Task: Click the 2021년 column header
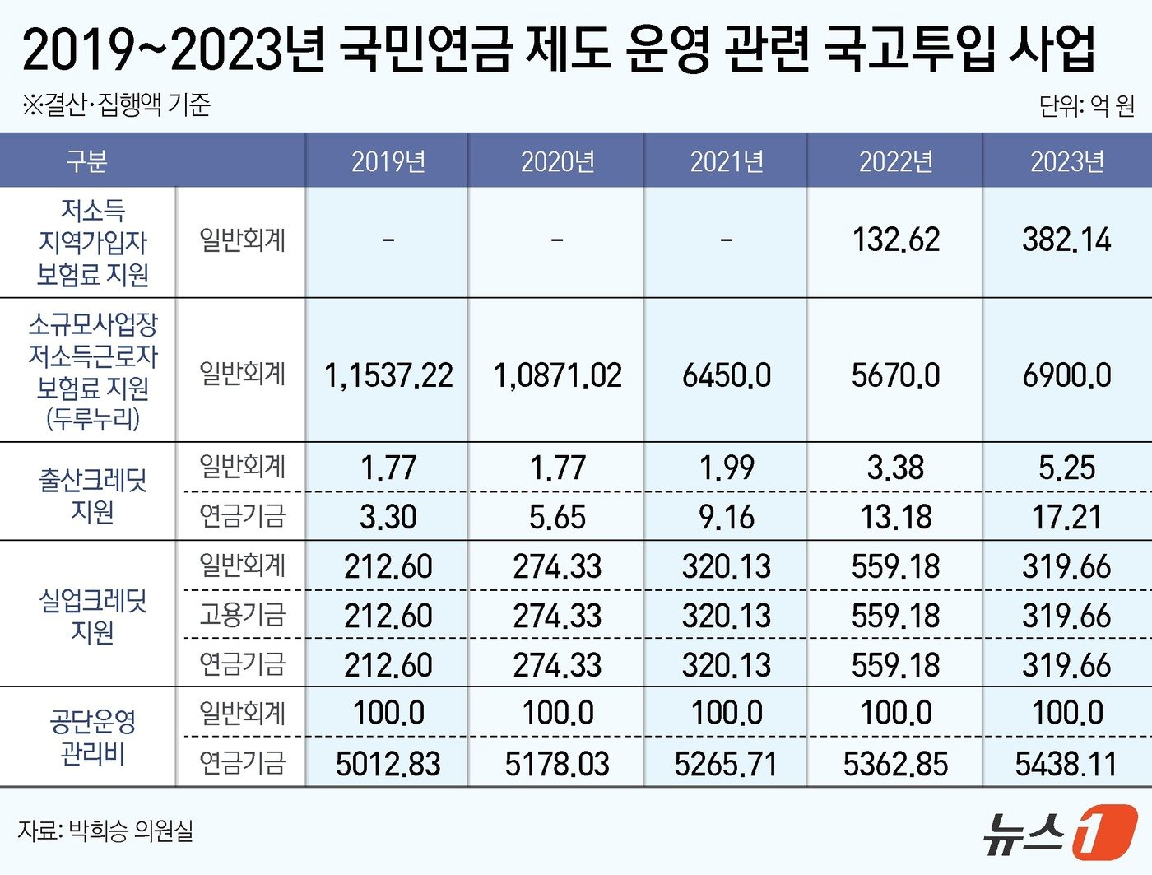click(x=727, y=161)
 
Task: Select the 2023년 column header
click(x=1066, y=161)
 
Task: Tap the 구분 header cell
click(x=87, y=161)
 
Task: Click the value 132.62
click(x=895, y=240)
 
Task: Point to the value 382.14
click(x=1066, y=240)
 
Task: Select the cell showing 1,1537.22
click(x=388, y=375)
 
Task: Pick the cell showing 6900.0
click(x=1066, y=375)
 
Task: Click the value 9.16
click(x=727, y=517)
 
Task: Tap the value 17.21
click(x=1066, y=517)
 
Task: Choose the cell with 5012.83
click(x=388, y=764)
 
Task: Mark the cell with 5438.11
click(x=1066, y=764)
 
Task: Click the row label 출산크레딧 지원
click(x=92, y=495)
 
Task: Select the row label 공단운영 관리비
click(x=92, y=737)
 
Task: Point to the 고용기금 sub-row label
click(x=242, y=615)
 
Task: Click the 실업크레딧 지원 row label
click(x=92, y=615)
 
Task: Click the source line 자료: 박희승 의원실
click(x=105, y=831)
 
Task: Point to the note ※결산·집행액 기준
click(x=116, y=105)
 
